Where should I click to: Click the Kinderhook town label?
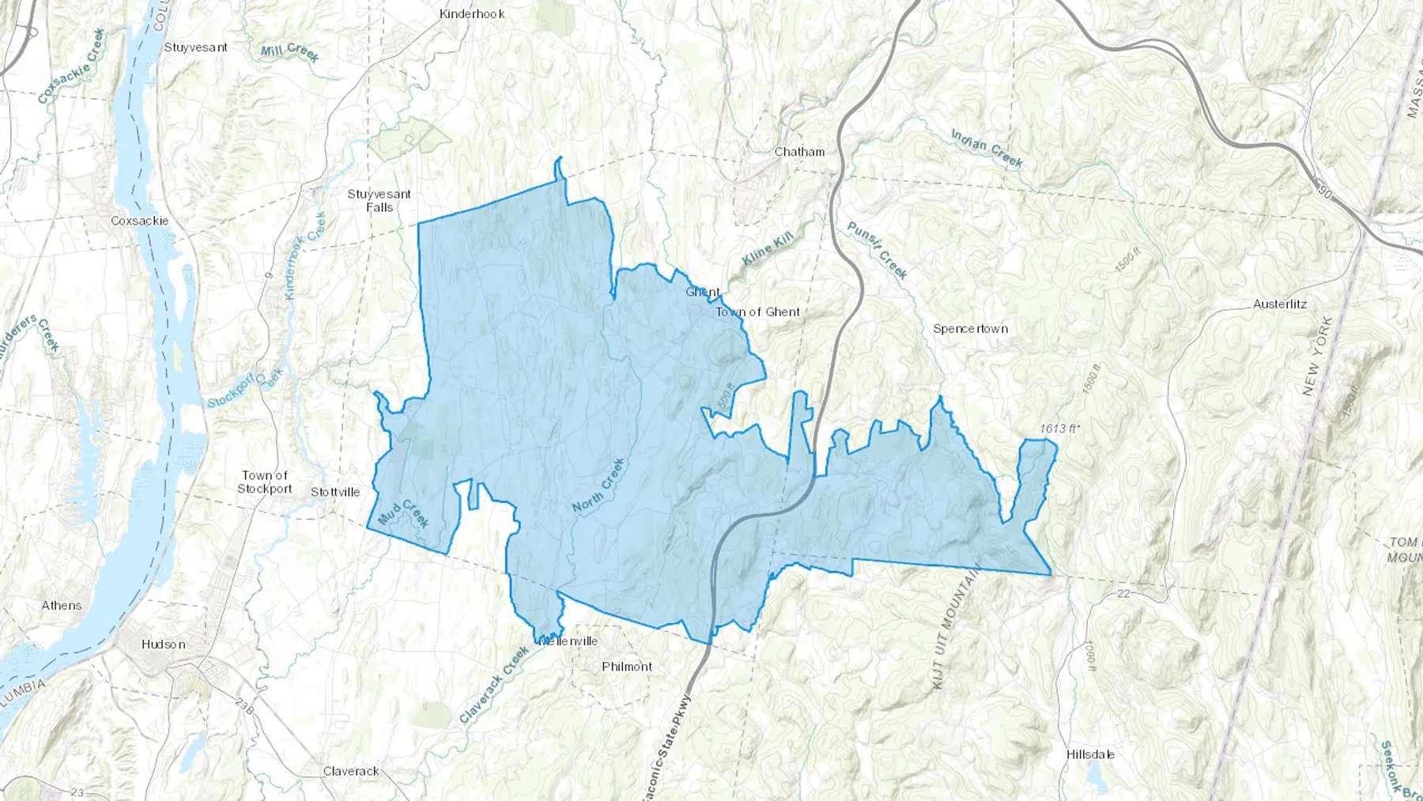tap(472, 13)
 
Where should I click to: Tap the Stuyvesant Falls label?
tap(379, 201)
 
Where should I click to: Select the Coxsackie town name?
tap(139, 221)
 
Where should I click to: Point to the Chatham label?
tap(799, 152)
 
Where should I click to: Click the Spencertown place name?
tap(970, 329)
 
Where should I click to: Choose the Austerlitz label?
tap(1279, 304)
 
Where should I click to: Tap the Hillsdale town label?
tap(1090, 754)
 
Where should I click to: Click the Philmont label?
tap(627, 667)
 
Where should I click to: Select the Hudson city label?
tap(164, 644)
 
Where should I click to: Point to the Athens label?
tap(62, 606)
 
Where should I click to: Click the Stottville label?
tap(335, 492)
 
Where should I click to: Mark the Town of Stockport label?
tap(265, 482)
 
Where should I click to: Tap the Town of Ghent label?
tap(757, 312)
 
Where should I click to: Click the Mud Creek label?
tap(404, 513)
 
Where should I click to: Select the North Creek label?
tap(598, 486)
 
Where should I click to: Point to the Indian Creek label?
tap(987, 149)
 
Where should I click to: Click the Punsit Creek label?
tap(878, 250)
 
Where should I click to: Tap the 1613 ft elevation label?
tap(1059, 429)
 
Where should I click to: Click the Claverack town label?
tap(351, 771)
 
